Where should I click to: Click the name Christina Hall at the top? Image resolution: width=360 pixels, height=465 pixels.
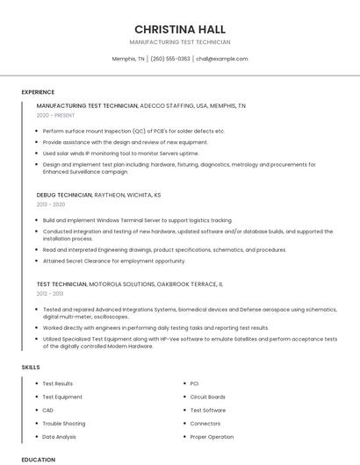tap(179, 29)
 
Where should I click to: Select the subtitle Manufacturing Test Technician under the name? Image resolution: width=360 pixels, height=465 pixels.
tap(179, 42)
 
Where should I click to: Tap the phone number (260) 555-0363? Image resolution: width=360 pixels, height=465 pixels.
tap(169, 59)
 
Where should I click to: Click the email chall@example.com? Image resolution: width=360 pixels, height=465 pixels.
tap(221, 59)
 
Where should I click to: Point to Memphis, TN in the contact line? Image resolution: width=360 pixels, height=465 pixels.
tap(128, 59)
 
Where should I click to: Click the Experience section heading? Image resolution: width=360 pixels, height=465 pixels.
tap(38, 92)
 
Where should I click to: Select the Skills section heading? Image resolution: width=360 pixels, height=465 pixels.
tap(31, 367)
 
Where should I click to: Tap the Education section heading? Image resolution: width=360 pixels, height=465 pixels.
tap(39, 459)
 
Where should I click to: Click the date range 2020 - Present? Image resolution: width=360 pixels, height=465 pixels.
tap(56, 115)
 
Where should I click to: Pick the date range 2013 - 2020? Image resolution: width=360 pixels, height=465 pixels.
tap(50, 204)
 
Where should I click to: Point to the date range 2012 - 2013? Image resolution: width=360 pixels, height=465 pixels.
tap(50, 294)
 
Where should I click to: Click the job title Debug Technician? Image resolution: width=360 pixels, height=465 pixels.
tap(64, 195)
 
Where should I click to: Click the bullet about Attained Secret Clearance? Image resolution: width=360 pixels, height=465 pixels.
tap(114, 261)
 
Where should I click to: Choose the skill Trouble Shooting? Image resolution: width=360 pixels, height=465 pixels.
tap(64, 423)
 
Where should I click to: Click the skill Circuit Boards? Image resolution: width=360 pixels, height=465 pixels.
tap(208, 397)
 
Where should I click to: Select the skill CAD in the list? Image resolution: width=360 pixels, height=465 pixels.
tap(48, 410)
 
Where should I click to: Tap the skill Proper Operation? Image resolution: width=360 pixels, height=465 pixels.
tap(212, 436)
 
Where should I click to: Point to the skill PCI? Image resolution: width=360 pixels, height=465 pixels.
tap(194, 383)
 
